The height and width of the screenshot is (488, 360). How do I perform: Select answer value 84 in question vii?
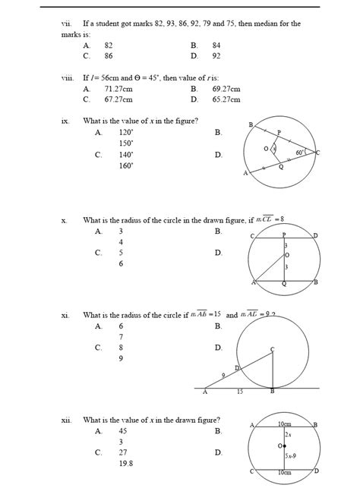[x=216, y=46]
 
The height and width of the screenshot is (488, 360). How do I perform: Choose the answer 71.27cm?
[x=118, y=89]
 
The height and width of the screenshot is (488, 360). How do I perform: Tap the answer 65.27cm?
[x=226, y=99]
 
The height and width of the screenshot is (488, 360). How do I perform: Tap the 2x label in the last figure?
[x=288, y=436]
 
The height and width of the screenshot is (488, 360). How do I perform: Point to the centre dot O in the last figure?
[x=283, y=445]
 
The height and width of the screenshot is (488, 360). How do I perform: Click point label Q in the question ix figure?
[x=281, y=167]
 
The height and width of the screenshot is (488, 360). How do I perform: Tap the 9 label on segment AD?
[x=224, y=375]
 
